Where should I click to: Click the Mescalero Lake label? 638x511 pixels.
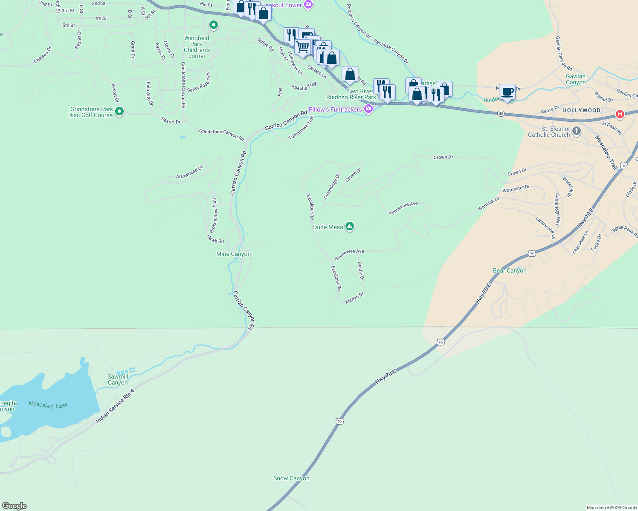pos(48,405)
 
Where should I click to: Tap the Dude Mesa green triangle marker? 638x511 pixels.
pos(350,227)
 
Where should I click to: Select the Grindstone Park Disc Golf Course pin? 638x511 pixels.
pos(119,112)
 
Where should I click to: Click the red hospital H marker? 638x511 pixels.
pos(620,114)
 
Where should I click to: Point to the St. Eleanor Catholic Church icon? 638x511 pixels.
pos(577,131)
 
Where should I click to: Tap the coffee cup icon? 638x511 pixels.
pos(507,92)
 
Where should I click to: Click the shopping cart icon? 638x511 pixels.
pos(302,47)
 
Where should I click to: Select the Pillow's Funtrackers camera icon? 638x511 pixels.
pos(368,109)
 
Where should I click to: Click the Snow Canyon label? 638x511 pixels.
pos(291,478)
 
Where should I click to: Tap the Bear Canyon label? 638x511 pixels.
pos(510,270)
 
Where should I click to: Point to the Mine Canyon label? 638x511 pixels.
pos(233,254)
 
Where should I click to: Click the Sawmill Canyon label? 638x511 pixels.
pos(118,379)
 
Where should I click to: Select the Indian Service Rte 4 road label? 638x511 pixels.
pos(115,406)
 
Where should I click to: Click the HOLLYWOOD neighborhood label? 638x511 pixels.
pos(581,110)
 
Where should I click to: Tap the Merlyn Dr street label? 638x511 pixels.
pos(354,298)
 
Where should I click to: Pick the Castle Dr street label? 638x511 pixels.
pos(361,271)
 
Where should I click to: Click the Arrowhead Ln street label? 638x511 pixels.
pos(190,172)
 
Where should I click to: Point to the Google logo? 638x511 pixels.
pos(14,506)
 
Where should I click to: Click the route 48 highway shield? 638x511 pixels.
pos(501,114)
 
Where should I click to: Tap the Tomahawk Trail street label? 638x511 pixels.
pos(301,128)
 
